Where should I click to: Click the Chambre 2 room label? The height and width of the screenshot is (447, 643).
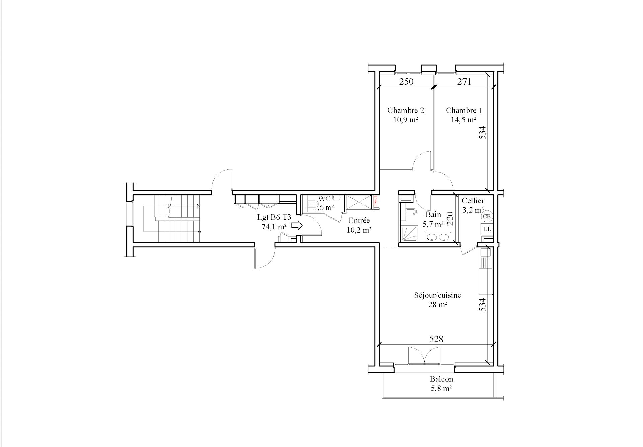406,110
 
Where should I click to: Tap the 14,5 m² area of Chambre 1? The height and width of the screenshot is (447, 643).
463,120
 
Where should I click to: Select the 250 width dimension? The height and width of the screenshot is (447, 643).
406,81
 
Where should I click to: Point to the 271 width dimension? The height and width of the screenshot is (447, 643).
464,81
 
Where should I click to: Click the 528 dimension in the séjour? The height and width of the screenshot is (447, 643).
436,339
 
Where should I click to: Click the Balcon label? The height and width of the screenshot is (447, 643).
441,379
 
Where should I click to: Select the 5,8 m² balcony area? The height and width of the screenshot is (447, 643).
441,389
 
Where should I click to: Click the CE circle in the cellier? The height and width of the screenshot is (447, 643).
487,216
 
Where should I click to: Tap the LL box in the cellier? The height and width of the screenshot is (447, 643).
487,229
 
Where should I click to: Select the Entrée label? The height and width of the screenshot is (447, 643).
359,221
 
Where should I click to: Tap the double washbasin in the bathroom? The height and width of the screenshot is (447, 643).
437,237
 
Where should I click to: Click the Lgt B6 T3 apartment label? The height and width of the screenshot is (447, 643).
274,217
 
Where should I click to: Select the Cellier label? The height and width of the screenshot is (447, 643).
473,201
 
